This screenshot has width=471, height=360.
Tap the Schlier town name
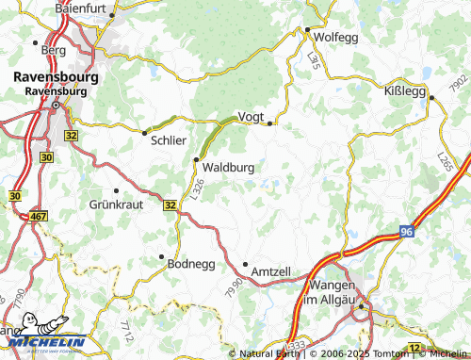click(x=168, y=139)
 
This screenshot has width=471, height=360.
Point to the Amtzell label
click(x=270, y=271)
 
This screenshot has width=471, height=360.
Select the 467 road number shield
click(x=38, y=218)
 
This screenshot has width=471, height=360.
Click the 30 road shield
click(x=13, y=195)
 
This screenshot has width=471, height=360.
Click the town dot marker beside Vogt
click(x=269, y=123)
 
